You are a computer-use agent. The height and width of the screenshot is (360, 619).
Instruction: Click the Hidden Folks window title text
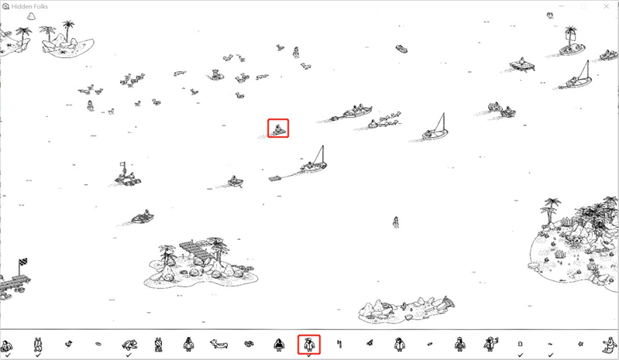coord(29,7)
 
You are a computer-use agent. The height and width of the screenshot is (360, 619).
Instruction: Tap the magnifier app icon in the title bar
coord(5,6)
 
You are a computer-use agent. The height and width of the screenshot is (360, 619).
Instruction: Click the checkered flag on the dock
coord(23,262)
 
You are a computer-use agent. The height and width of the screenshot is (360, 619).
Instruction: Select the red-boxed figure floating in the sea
coord(278,129)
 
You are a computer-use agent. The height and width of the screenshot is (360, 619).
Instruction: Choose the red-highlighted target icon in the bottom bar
coord(308,345)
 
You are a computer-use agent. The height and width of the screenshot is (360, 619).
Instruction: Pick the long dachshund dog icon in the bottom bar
coord(219,345)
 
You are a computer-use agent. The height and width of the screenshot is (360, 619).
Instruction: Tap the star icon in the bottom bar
coord(580,344)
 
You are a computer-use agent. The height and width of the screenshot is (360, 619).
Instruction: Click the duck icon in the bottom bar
coord(68,344)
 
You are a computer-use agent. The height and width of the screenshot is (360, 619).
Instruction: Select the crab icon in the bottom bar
coord(249,344)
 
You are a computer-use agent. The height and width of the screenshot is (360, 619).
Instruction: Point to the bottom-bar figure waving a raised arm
coord(490,345)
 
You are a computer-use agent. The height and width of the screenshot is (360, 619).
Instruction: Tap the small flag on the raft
coord(122,165)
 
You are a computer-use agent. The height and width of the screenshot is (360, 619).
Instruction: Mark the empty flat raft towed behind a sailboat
coord(276,178)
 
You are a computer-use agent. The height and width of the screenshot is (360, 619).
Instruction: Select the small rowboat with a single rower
coord(236,182)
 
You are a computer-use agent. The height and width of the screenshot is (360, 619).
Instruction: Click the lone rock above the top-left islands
coord(31,15)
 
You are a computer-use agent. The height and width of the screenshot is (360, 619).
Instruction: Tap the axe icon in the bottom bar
coord(339,345)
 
